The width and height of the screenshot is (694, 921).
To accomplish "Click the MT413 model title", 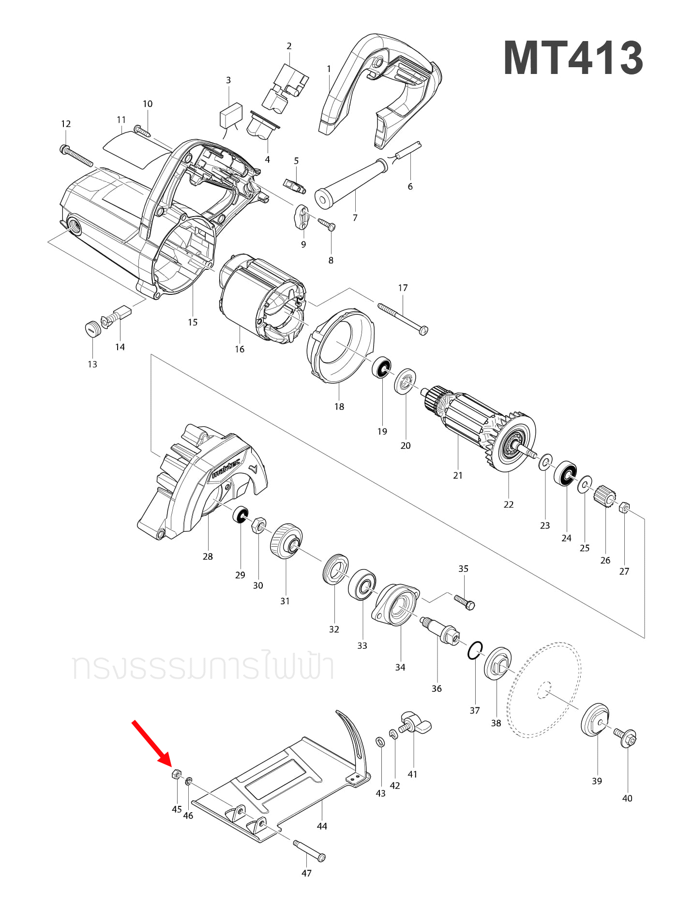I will [573, 58].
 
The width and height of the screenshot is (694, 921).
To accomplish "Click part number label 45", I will [177, 809].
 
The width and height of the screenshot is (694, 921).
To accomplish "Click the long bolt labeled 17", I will [403, 319].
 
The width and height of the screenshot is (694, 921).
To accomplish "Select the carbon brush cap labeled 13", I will [92, 329].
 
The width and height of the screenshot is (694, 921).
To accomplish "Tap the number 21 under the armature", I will [458, 476].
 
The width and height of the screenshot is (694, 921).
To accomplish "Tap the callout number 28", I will [208, 556].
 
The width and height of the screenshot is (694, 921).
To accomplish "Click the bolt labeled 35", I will [465, 602].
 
